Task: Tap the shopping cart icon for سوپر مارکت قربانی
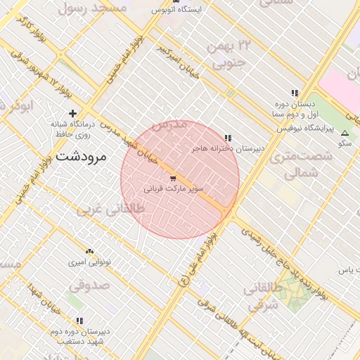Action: pyautogui.click(x=173, y=179)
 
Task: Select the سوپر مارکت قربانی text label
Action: pyautogui.click(x=174, y=189)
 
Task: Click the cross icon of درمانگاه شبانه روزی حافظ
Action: pyautogui.click(x=72, y=112)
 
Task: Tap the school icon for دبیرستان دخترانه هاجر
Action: pyautogui.click(x=227, y=138)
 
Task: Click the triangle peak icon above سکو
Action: pyautogui.click(x=345, y=133)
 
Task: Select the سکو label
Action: pyautogui.click(x=345, y=143)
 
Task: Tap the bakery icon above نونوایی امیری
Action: pyautogui.click(x=89, y=251)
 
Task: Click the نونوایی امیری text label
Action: pyautogui.click(x=89, y=262)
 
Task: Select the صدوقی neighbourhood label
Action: pyautogui.click(x=89, y=286)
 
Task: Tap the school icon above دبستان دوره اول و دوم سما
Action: pyautogui.click(x=295, y=93)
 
